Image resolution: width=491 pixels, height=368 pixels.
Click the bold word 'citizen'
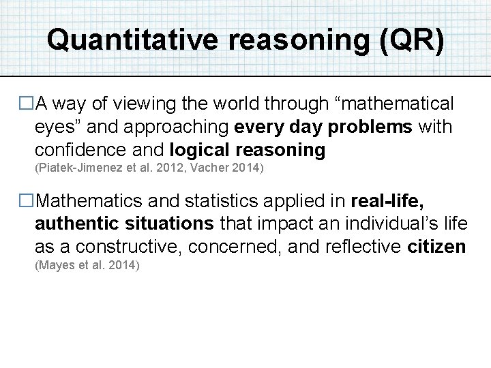click(x=436, y=246)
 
